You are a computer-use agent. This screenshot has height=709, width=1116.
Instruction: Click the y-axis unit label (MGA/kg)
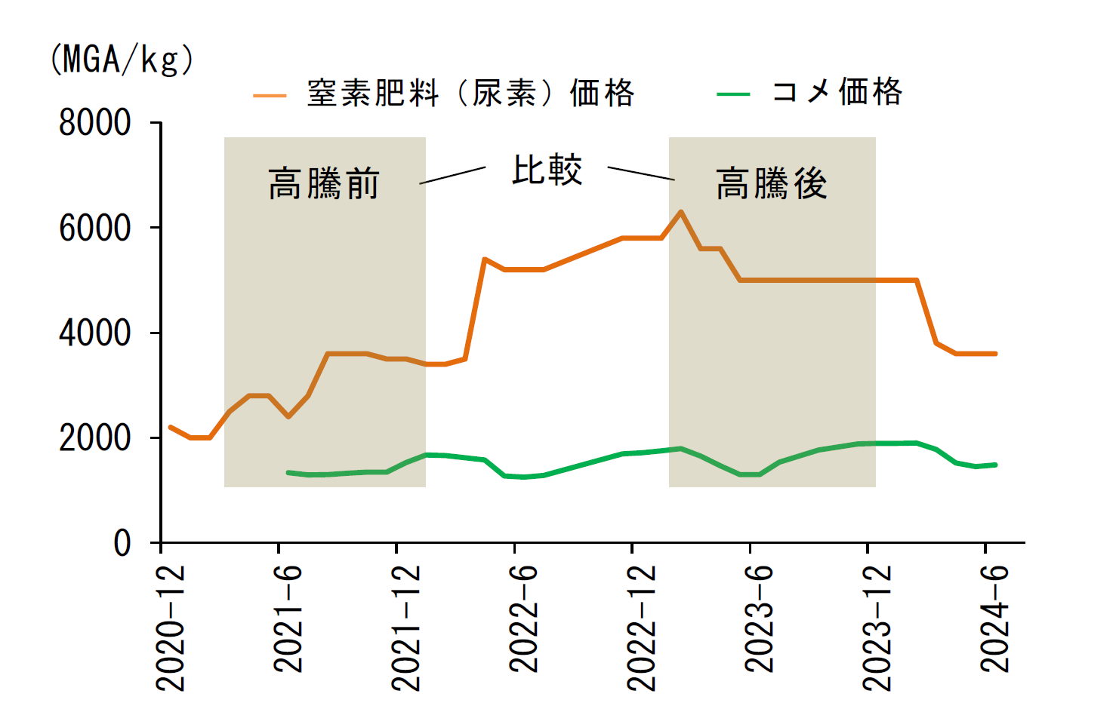[x=122, y=60]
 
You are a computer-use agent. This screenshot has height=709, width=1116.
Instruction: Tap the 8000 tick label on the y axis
[x=94, y=122]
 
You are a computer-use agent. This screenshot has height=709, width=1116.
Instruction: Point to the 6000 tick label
[x=94, y=228]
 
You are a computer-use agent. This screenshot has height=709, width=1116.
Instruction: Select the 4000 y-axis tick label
[x=94, y=333]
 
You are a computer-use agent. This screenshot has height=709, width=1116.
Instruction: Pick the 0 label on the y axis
[x=122, y=543]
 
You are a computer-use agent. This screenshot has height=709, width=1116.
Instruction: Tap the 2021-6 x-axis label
[x=288, y=619]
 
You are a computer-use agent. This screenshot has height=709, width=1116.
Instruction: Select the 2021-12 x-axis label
[x=405, y=628]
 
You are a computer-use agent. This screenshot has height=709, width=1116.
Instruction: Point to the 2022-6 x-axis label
[x=523, y=619]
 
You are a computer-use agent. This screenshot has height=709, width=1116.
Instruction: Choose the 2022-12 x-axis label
[x=641, y=628]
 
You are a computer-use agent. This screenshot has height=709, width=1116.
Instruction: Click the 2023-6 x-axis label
[x=758, y=619]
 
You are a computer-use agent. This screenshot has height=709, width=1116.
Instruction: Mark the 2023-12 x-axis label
[x=877, y=628]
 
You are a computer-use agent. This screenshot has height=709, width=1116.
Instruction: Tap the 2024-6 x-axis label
[x=994, y=619]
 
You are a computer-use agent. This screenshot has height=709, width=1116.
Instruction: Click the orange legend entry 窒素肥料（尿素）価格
[x=444, y=94]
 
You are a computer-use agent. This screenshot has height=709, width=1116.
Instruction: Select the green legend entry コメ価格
[x=809, y=93]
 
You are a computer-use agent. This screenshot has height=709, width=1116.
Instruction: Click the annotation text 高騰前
[x=324, y=183]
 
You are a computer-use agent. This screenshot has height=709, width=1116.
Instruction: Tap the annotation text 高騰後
[x=772, y=183]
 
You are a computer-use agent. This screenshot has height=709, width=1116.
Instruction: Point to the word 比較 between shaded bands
[x=547, y=170]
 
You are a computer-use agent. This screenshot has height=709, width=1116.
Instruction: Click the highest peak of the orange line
[x=681, y=211]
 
